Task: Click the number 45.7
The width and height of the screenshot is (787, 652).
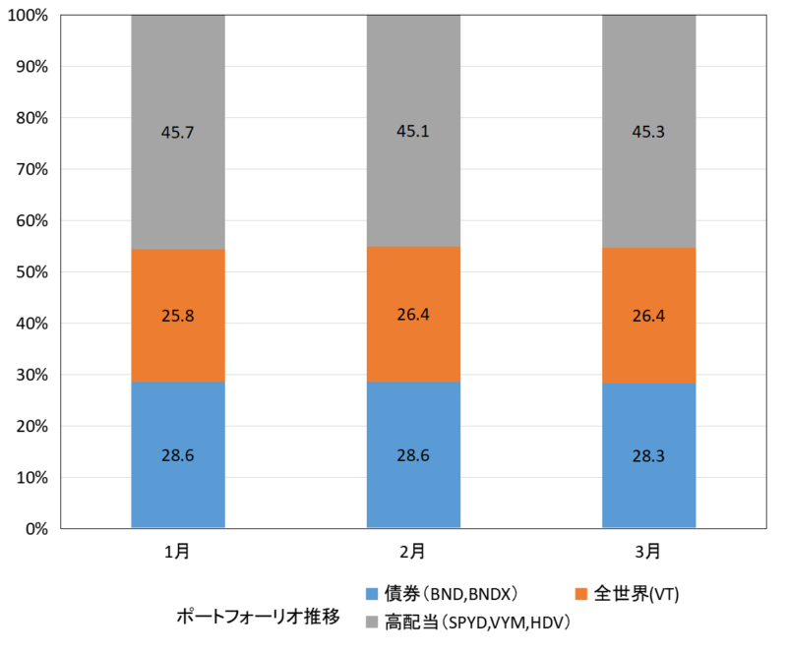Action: (x=178, y=133)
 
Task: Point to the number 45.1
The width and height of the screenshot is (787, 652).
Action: (x=413, y=131)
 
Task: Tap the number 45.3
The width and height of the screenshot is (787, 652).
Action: (x=649, y=132)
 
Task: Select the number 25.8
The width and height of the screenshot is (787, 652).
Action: (x=178, y=317)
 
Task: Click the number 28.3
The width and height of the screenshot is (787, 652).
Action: (x=649, y=456)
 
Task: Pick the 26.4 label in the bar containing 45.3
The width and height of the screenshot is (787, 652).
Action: (x=649, y=317)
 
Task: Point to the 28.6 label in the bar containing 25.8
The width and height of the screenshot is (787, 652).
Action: (x=178, y=455)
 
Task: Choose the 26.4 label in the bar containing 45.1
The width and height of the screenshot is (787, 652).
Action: (x=413, y=315)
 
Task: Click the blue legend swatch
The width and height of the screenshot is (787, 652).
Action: (x=372, y=594)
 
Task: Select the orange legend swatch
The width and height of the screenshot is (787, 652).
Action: (x=581, y=594)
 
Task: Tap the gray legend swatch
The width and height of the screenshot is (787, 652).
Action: (x=372, y=622)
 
